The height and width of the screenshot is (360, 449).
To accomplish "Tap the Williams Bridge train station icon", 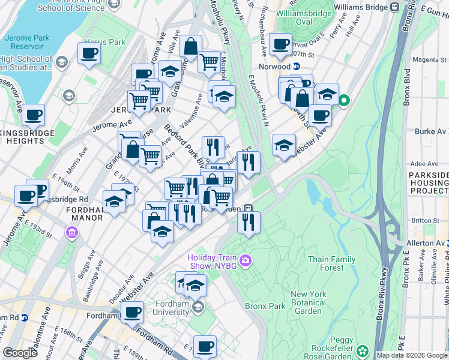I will click(394, 7).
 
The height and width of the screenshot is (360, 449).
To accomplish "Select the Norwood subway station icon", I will click(296, 67).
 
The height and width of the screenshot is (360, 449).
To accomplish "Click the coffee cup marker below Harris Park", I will click(89, 53).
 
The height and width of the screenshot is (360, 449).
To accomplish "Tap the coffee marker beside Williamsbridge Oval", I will click(280, 44).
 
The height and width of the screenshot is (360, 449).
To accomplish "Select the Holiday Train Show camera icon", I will click(245, 260).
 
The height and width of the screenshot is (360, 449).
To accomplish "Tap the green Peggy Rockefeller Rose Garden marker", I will click(362, 350).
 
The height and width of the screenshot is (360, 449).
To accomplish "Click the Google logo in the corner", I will click(20, 353).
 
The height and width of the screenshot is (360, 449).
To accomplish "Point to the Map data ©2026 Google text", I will click(412, 355).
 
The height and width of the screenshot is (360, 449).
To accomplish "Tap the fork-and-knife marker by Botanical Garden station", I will click(247, 222).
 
